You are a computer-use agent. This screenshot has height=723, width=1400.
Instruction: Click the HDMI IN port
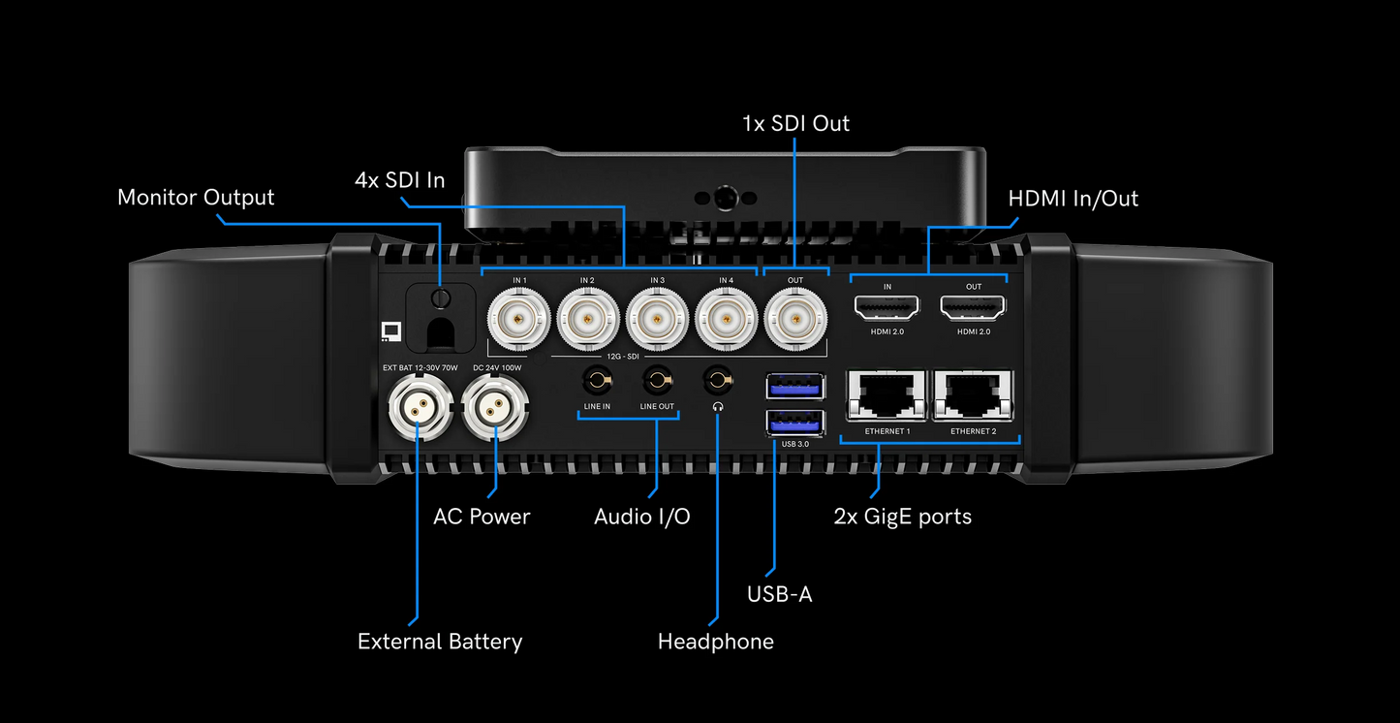(887, 307)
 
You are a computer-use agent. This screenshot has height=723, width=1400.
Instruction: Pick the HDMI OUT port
(973, 307)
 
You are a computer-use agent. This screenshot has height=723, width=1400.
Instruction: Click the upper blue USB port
(795, 385)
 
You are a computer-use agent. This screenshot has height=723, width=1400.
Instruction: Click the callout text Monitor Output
(196, 198)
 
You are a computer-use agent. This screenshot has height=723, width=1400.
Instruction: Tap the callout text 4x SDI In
(400, 180)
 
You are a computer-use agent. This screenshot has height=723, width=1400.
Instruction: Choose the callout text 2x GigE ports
(902, 517)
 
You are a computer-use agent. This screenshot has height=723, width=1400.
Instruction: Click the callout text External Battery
(440, 642)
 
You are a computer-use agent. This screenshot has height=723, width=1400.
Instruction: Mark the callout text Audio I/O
(642, 517)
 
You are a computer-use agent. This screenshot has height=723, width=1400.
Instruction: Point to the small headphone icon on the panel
(717, 407)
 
